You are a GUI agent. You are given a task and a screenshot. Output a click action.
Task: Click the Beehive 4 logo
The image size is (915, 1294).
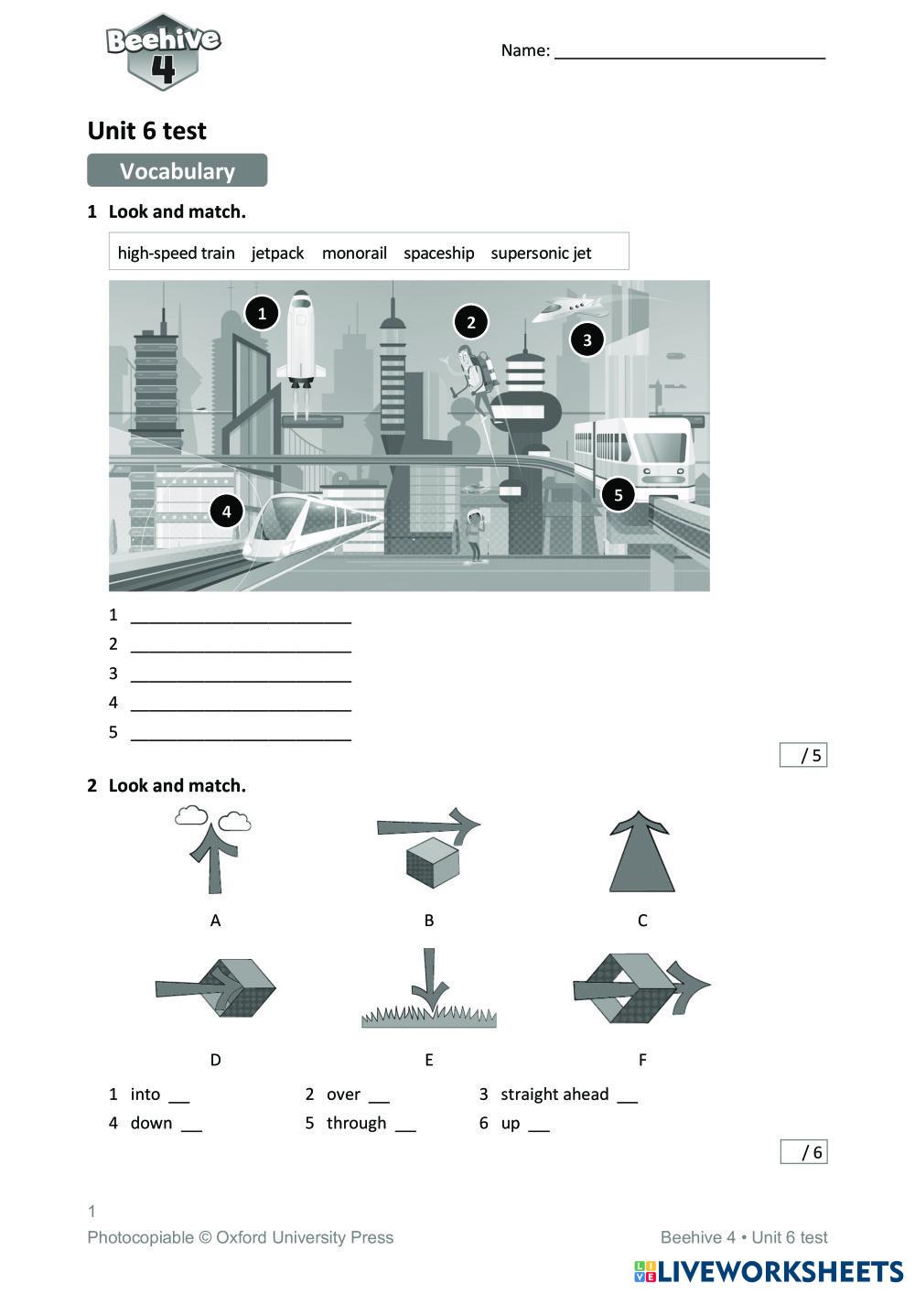tap(163, 52)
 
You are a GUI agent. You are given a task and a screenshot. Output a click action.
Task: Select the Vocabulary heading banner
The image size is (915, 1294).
tap(177, 171)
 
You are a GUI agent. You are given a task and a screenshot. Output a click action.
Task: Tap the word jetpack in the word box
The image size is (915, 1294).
tap(277, 253)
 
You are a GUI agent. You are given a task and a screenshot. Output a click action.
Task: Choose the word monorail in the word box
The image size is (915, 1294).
tap(354, 253)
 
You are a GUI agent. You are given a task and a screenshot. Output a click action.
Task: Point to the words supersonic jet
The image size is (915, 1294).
tap(541, 253)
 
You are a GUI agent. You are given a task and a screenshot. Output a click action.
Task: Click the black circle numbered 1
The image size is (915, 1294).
tap(262, 314)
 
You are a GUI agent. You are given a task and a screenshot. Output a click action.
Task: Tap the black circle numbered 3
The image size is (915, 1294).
tap(587, 340)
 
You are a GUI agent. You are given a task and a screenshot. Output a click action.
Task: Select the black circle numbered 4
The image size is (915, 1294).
tap(226, 511)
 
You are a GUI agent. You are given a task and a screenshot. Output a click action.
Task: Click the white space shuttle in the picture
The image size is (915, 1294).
tap(302, 339)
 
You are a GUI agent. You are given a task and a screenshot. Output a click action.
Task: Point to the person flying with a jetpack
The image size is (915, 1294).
tap(473, 375)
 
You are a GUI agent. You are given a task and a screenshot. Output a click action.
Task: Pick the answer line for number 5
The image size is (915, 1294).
tap(241, 734)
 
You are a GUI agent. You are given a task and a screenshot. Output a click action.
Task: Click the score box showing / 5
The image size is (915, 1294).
tap(802, 755)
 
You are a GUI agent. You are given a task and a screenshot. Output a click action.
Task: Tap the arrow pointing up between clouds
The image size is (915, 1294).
tap(213, 851)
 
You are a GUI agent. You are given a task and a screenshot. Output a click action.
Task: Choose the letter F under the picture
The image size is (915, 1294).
tap(642, 1060)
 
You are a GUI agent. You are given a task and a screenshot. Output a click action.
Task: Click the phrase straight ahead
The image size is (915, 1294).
tap(554, 1095)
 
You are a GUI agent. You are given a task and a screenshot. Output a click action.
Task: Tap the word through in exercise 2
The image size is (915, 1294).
tap(356, 1124)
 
